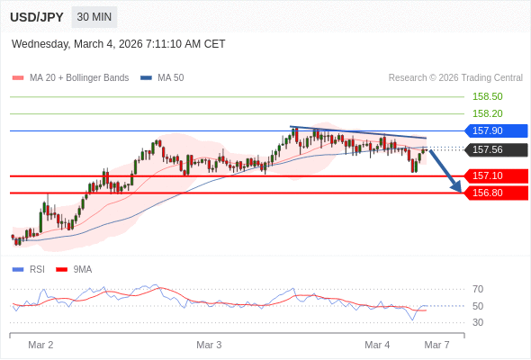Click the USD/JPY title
36,17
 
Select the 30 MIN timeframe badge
94,17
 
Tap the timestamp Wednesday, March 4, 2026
119,44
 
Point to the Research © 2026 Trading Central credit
455,78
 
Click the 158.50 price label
487,96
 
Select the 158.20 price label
487,113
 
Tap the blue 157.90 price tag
495,130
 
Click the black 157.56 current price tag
495,149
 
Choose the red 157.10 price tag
495,175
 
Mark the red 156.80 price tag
495,193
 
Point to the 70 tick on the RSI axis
478,289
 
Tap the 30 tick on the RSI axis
478,322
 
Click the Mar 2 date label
40,345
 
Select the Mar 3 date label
209,345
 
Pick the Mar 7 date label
436,345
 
